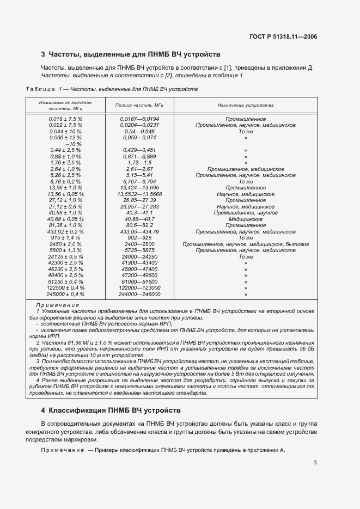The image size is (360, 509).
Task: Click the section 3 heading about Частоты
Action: click(x=131, y=54)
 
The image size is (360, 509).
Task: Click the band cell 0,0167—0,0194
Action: click(x=140, y=119)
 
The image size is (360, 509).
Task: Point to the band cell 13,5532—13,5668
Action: click(x=140, y=194)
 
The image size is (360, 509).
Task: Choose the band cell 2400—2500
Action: click(x=140, y=244)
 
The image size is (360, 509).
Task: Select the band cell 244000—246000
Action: click(x=140, y=294)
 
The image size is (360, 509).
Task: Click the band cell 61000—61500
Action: click(x=140, y=281)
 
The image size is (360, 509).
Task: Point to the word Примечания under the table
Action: click(x=57, y=305)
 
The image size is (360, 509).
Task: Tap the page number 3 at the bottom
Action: click(x=315, y=463)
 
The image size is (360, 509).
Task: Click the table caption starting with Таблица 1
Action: click(x=112, y=89)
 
